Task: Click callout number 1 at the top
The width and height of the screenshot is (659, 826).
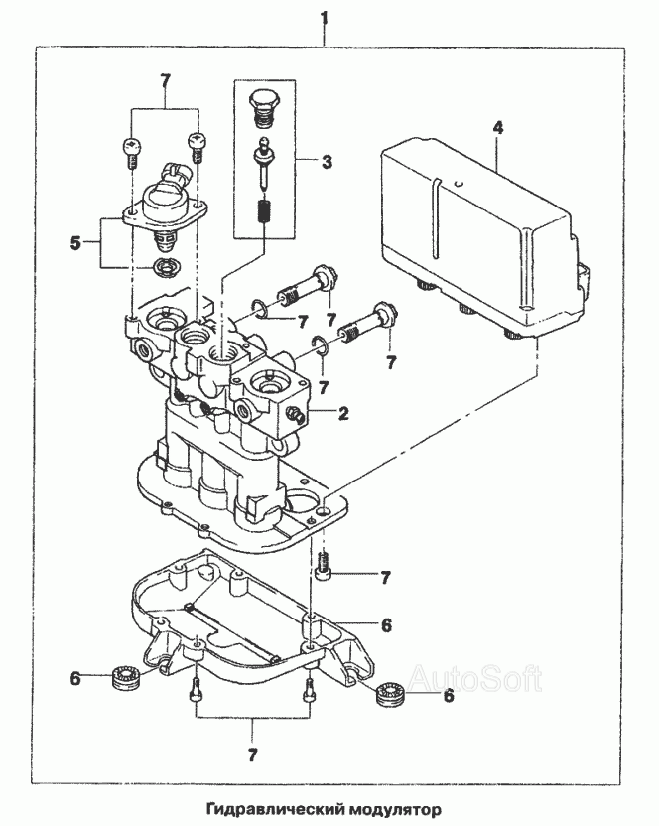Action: click(325, 19)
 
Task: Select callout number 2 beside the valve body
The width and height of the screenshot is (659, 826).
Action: click(343, 412)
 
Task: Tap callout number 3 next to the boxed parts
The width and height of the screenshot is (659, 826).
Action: click(328, 161)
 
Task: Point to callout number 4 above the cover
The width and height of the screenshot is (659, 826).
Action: click(498, 128)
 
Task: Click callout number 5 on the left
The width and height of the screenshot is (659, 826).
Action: click(75, 243)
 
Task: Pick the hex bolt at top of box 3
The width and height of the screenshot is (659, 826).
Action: click(262, 108)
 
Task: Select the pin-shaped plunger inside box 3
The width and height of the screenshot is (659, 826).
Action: click(262, 163)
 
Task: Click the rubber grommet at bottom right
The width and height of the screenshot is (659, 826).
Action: click(392, 695)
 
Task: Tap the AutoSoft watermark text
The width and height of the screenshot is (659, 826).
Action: click(474, 679)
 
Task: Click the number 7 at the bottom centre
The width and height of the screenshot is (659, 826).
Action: click(252, 756)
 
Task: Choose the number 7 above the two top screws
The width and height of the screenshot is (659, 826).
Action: click(165, 81)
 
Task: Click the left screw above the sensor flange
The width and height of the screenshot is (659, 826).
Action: click(133, 151)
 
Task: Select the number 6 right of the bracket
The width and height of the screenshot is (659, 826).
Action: click(386, 625)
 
